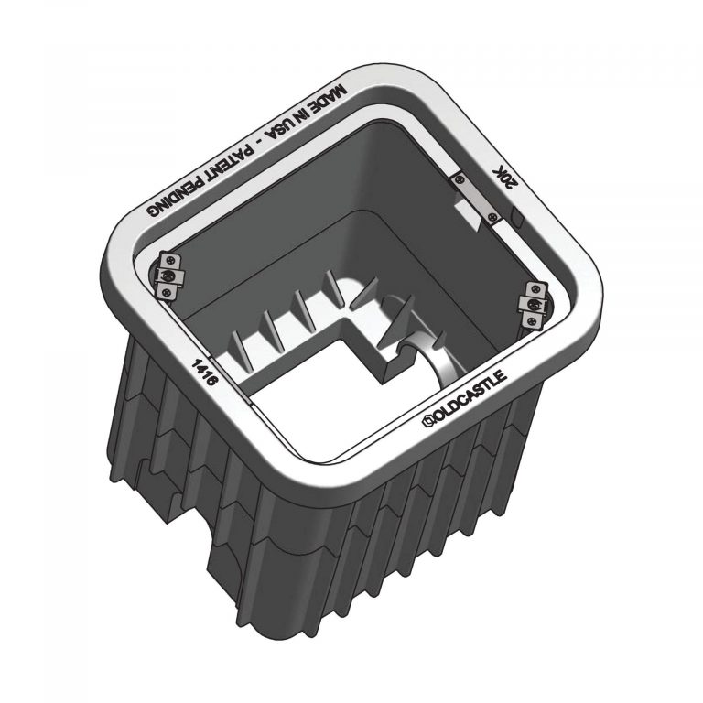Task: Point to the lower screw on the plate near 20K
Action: (x=493, y=216)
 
